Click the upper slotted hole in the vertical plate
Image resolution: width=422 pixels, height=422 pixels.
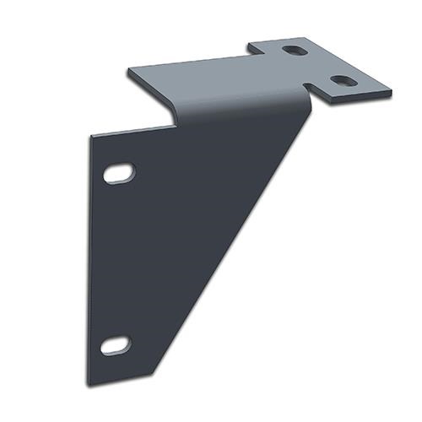119,173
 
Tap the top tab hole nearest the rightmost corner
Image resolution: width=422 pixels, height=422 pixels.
342,81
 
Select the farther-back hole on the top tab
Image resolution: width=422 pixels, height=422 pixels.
295,51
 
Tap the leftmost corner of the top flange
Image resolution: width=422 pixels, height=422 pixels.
127,70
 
